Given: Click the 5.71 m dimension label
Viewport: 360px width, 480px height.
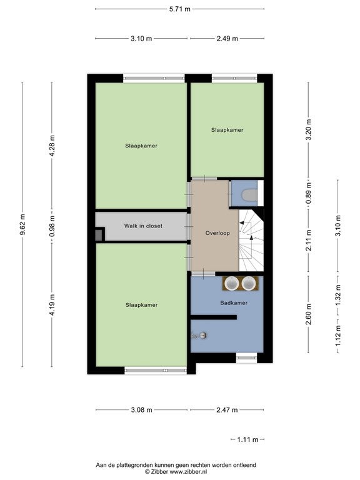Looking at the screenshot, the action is click(x=180, y=9).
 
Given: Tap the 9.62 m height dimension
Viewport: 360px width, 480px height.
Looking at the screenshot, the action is click(x=22, y=225).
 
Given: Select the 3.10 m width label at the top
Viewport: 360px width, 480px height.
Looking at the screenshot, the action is click(x=141, y=39).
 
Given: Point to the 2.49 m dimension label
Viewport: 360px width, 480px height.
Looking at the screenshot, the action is click(x=227, y=39).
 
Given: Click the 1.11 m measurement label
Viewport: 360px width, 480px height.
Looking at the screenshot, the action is click(x=247, y=439).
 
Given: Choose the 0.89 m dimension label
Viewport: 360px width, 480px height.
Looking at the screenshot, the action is click(x=309, y=193).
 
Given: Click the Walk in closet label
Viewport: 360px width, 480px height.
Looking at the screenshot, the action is click(x=143, y=226).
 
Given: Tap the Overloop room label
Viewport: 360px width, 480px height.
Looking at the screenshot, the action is click(x=217, y=233).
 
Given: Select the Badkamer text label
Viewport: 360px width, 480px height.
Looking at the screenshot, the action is click(x=234, y=302).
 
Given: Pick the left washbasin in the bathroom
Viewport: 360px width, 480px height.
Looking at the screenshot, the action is click(x=232, y=283).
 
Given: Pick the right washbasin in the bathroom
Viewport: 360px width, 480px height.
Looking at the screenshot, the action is click(x=248, y=283).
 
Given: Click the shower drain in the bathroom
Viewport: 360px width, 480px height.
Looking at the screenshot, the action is click(x=202, y=336).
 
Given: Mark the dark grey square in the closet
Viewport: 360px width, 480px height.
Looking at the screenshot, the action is click(x=98, y=235).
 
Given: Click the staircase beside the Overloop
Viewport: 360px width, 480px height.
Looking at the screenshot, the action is click(x=251, y=240).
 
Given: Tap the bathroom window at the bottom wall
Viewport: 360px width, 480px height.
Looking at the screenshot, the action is click(x=246, y=358).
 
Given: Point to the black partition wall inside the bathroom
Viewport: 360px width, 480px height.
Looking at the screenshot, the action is click(x=214, y=317).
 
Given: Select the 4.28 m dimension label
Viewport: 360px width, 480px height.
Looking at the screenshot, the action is click(x=52, y=146).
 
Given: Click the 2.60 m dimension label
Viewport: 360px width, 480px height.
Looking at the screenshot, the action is click(x=309, y=314).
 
